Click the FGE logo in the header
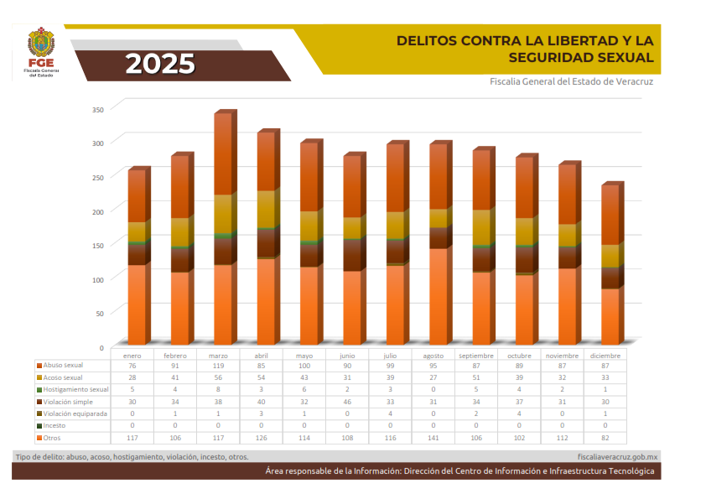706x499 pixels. click(44, 52)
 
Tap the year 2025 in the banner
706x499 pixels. click(161, 64)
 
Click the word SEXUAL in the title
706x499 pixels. click(622, 57)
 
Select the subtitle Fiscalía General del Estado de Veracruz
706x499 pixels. click(571, 81)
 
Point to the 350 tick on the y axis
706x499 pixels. click(97, 109)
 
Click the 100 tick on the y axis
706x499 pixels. click(97, 279)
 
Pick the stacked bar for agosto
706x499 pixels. click(438, 243)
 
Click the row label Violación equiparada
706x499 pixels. click(75, 413)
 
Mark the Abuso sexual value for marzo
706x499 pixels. click(219, 366)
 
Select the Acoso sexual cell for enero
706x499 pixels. click(132, 377)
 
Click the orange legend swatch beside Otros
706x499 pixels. click(39, 438)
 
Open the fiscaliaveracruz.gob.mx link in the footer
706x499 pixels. click(618, 457)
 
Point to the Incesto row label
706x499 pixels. click(55, 426)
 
